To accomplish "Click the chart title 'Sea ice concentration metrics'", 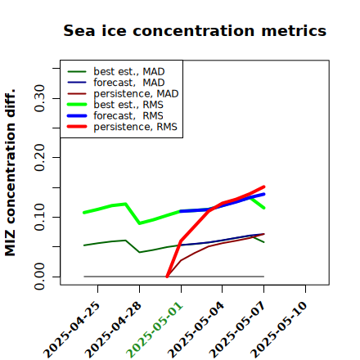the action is pos(195,31).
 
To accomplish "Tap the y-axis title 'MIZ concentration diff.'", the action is pos(10,173).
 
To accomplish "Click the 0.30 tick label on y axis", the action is pos(39,98).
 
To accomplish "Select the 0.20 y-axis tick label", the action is pos(39,158).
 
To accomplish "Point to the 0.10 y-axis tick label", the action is pos(39,217).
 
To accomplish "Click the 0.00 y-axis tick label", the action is pos(39,277).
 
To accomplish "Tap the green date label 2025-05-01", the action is pos(155,330).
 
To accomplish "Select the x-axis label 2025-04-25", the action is pos(72,330).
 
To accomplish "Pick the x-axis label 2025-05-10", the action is pos(279,330).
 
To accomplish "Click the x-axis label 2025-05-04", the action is pos(196,330).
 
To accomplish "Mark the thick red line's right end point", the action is pos(263,187).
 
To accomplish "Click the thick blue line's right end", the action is pos(263,194).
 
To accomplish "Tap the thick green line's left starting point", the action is pos(84,213).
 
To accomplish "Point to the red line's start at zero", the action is pos(167,277).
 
